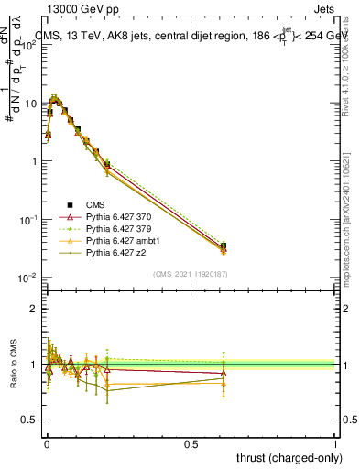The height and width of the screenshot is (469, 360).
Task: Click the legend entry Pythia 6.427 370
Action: (116, 216)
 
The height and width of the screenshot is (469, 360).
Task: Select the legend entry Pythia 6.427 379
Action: (116, 228)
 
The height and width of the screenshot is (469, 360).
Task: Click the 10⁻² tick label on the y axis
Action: (26, 278)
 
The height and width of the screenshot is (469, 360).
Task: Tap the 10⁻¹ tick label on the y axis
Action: (26, 219)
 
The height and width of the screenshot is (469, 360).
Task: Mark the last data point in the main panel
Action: (224, 246)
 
